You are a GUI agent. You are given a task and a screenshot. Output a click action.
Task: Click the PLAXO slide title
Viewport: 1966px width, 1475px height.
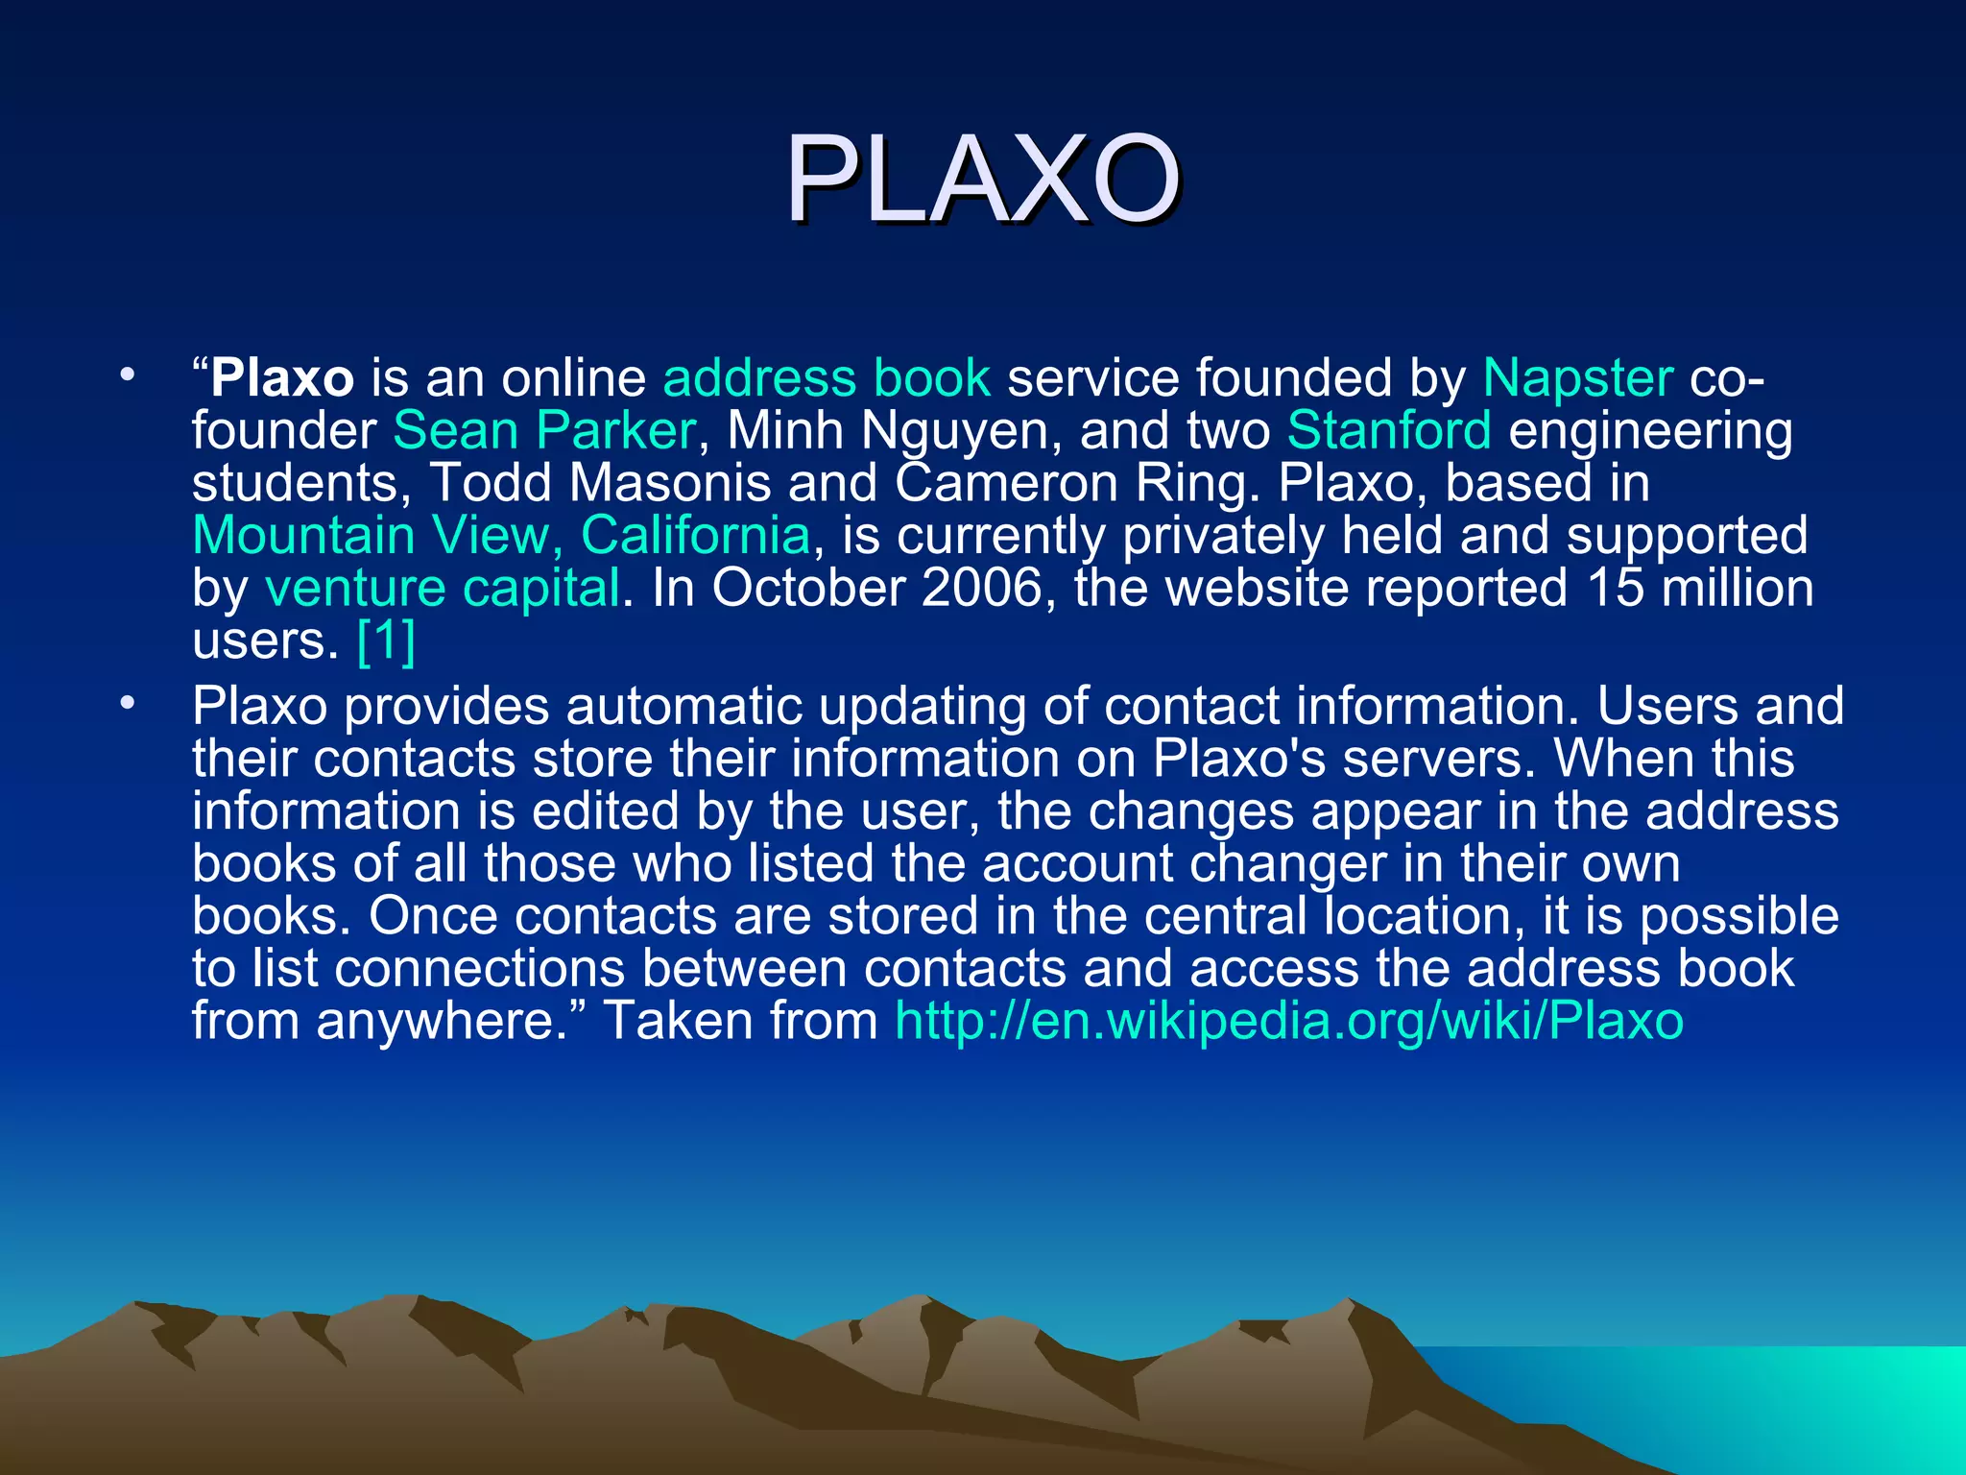pyautogui.click(x=983, y=179)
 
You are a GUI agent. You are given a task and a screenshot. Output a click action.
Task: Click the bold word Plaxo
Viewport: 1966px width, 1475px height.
pyautogui.click(x=282, y=378)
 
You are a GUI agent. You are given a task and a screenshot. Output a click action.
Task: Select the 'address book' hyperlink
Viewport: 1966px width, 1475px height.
pyautogui.click(x=827, y=378)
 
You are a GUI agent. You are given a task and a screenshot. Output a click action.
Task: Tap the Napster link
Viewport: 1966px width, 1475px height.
pyautogui.click(x=1577, y=378)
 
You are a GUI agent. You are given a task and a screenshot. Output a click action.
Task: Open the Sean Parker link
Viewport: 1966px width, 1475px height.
pyautogui.click(x=543, y=430)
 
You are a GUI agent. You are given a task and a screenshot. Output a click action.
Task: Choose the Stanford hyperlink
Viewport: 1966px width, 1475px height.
pyautogui.click(x=1389, y=430)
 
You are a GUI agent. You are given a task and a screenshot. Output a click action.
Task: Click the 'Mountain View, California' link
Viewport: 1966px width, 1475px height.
pyautogui.click(x=501, y=535)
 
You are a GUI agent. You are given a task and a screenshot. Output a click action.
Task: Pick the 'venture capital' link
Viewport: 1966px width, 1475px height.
pyautogui.click(x=443, y=588)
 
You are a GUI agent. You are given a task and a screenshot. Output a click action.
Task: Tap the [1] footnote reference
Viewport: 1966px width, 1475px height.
pyautogui.click(x=386, y=641)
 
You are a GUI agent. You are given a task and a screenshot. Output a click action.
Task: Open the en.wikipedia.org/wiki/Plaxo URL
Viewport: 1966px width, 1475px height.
pyautogui.click(x=1288, y=1020)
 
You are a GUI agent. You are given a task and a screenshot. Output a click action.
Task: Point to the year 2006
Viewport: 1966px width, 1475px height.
pyautogui.click(x=981, y=588)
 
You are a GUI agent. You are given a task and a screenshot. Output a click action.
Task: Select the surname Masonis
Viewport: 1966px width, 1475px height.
pyautogui.click(x=670, y=483)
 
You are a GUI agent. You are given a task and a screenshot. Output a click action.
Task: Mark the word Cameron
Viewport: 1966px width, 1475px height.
pyautogui.click(x=1006, y=483)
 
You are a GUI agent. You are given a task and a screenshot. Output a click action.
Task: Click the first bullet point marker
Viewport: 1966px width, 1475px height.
pyautogui.click(x=127, y=376)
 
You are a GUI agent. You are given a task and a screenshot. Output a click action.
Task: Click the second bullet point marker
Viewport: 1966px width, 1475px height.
pyautogui.click(x=127, y=705)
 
